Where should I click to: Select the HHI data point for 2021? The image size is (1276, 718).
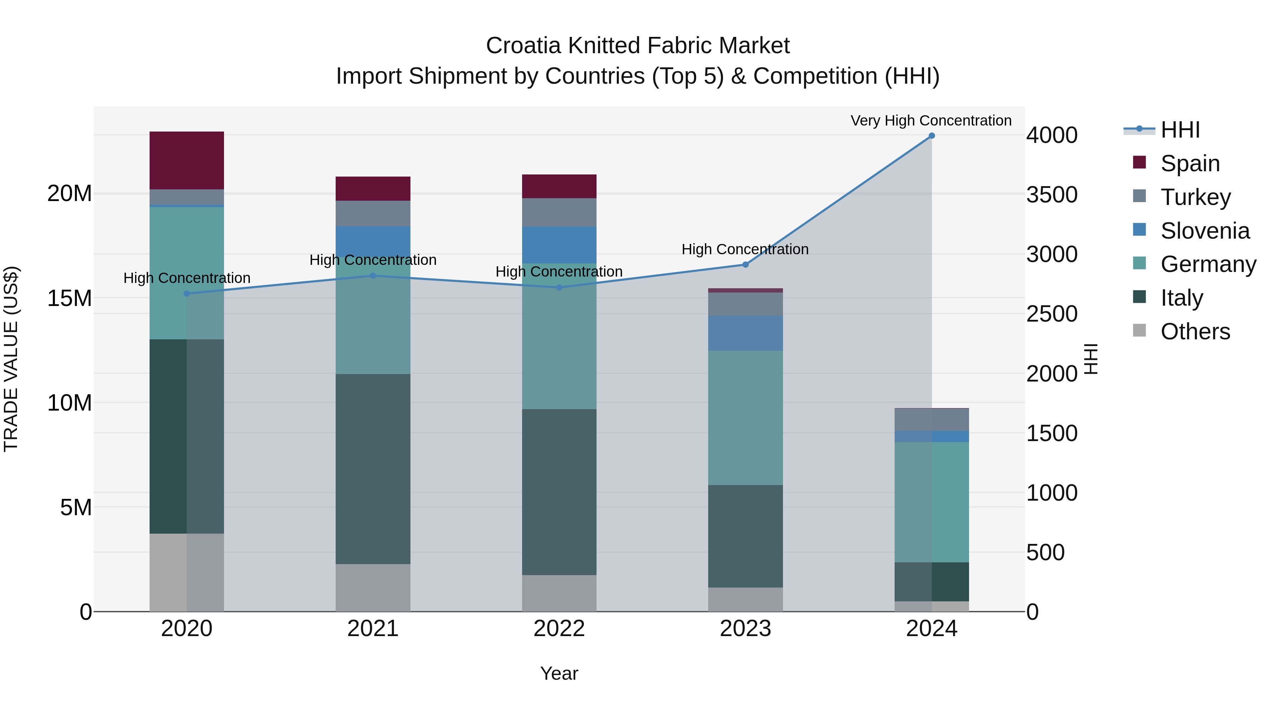pyautogui.click(x=373, y=275)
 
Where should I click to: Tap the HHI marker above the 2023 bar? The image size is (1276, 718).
pyautogui.click(x=745, y=265)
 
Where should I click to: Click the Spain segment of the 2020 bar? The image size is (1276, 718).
pyautogui.click(x=187, y=160)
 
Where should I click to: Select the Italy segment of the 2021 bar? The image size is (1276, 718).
pyautogui.click(x=373, y=468)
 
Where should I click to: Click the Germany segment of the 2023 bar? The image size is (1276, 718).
pyautogui.click(x=745, y=417)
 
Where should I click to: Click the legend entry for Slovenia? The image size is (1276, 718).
pyautogui.click(x=1204, y=231)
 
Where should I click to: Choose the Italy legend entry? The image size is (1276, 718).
pyautogui.click(x=1181, y=298)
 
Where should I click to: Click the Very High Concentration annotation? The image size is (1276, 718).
pyautogui.click(x=931, y=121)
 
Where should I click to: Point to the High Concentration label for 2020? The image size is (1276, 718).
pyautogui.click(x=187, y=278)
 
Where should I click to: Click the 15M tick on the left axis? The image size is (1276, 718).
pyautogui.click(x=69, y=298)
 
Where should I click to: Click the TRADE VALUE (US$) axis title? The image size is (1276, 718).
pyautogui.click(x=11, y=359)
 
